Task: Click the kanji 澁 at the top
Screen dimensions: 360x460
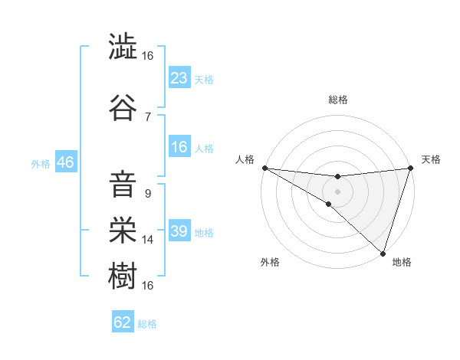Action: click(123, 47)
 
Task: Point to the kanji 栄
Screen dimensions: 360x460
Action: click(123, 231)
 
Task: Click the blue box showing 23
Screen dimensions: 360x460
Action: click(179, 78)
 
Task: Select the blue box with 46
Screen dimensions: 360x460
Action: click(64, 162)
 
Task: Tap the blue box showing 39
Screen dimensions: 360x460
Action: click(179, 231)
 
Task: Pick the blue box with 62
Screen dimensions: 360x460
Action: click(123, 322)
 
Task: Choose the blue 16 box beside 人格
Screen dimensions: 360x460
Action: click(179, 148)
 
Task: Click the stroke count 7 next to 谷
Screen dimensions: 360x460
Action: click(147, 116)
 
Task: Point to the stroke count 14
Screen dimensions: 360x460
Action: click(148, 240)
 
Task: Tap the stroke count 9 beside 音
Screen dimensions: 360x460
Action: click(147, 193)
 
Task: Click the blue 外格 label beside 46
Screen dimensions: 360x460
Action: click(40, 163)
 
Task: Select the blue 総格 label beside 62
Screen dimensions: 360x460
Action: click(147, 324)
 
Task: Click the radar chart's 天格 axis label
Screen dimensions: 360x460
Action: click(431, 159)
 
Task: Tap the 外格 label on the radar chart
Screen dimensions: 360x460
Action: click(270, 262)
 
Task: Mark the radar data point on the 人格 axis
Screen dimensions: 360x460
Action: click(264, 168)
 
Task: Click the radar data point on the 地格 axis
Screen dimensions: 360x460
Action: click(383, 253)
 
